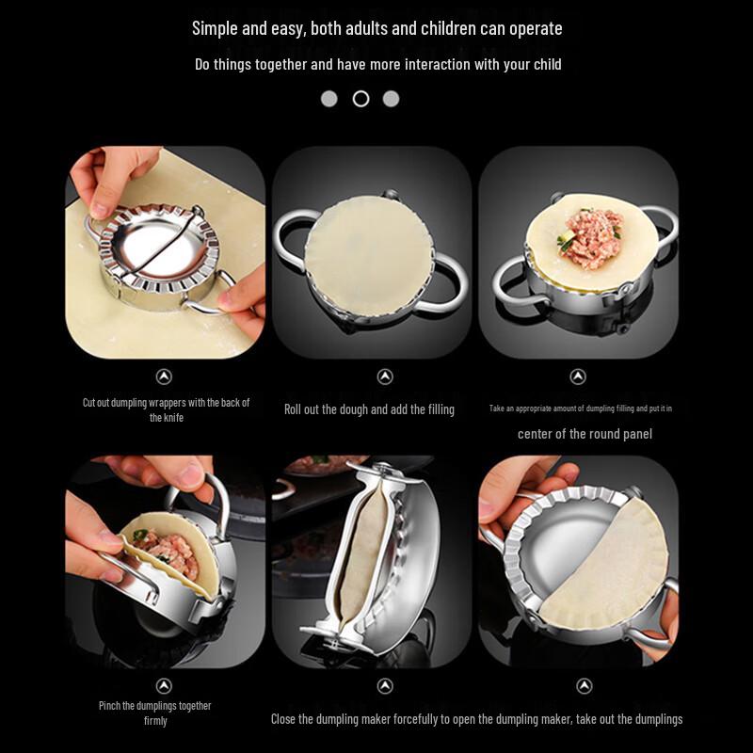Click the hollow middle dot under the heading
tap(360, 99)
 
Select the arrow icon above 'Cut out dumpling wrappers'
tap(165, 376)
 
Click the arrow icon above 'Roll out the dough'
tap(385, 376)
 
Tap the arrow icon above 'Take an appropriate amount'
tap(578, 376)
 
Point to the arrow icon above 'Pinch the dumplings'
tap(165, 686)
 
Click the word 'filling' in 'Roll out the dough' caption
tap(436, 409)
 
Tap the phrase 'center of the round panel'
tap(585, 434)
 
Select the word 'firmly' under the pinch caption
tap(155, 721)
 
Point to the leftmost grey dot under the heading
tap(328, 99)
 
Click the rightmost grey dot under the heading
tap(391, 99)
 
